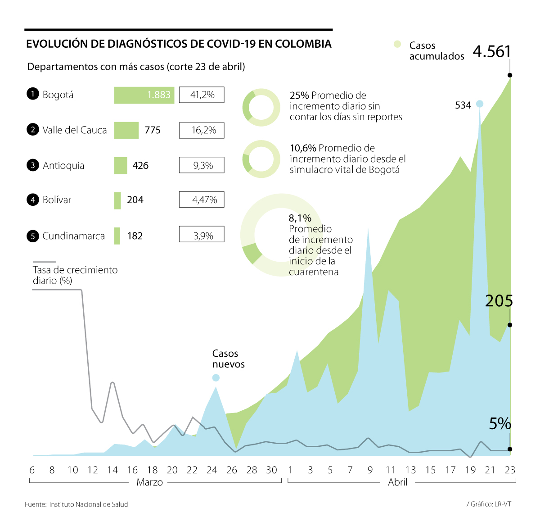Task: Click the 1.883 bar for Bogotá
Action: pos(144,95)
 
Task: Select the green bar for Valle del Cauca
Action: pos(126,130)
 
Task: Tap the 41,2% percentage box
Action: pos(202,95)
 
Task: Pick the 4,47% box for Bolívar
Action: pos(202,200)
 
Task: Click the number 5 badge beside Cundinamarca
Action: pos(33,236)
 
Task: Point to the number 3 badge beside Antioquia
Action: pos(33,165)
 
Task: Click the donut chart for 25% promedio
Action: pos(261,108)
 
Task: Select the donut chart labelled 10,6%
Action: pos(261,159)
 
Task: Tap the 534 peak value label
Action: pos(463,105)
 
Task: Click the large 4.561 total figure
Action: pos(492,52)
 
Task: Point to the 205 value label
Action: pos(499,301)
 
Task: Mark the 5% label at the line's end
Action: pos(500,424)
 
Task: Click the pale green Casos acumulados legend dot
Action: pos(397,44)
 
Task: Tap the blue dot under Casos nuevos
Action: pos(216,377)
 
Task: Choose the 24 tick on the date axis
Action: pos(212,470)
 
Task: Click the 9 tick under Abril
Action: pos(370,470)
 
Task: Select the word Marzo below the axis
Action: pos(150,482)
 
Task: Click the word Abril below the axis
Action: pos(398,482)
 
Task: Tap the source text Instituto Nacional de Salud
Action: pos(89,504)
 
